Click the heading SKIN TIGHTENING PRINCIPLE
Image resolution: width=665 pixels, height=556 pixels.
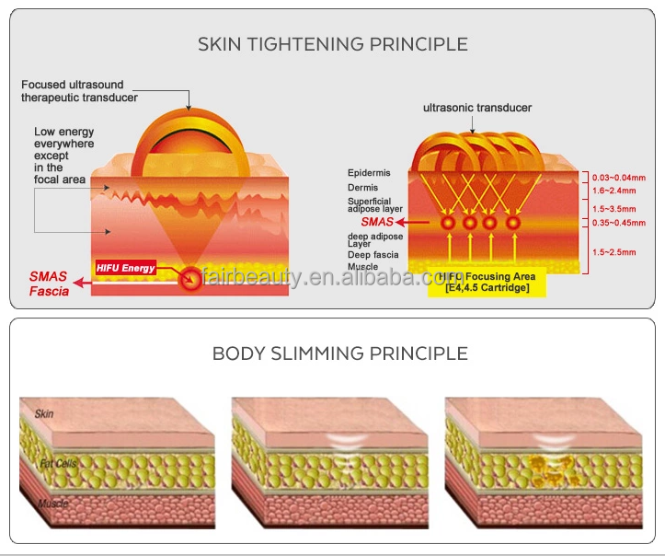point(333,44)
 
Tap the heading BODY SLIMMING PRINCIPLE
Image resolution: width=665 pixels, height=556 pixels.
point(339,353)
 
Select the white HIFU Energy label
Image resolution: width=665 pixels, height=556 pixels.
point(125,268)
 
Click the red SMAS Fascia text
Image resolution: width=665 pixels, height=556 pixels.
point(48,284)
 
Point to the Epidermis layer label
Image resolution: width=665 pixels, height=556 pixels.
point(368,173)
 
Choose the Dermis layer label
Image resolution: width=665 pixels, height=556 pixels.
point(362,188)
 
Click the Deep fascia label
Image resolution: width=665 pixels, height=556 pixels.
point(372,254)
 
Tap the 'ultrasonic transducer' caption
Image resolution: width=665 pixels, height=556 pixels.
point(476,108)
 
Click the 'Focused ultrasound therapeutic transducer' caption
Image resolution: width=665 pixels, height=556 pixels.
point(80,91)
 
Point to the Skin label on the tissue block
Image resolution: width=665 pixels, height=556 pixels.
point(43,414)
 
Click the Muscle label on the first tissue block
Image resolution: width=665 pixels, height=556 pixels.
point(52,504)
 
